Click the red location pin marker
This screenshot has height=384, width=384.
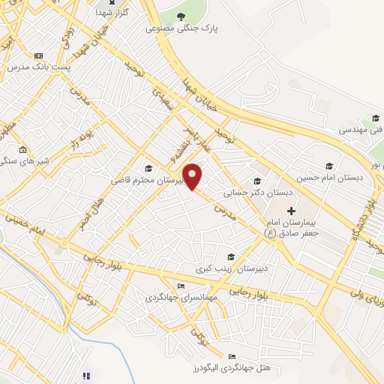193,176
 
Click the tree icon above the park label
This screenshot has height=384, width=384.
180,15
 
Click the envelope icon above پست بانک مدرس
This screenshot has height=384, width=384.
38,55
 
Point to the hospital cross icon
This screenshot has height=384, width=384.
292,211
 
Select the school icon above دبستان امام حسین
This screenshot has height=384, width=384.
328,166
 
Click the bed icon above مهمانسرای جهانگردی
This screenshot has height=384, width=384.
180,286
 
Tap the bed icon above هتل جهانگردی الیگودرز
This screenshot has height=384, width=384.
232,356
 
